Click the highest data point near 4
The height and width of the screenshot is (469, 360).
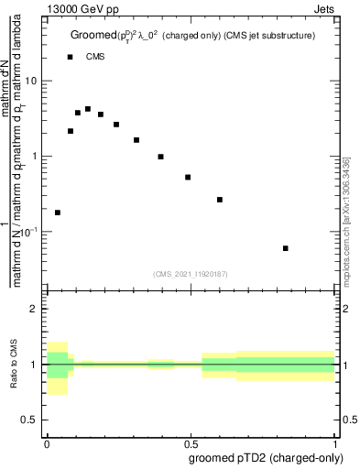tap(88, 109)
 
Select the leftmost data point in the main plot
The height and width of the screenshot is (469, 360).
tap(58, 213)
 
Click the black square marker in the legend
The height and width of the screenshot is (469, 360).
tap(70, 57)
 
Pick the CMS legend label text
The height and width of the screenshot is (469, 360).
tap(95, 57)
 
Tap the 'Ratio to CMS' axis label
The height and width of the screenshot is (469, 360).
tap(14, 365)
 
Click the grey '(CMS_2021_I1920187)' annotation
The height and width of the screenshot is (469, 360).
tap(191, 274)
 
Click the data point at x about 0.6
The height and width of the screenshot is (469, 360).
tap(220, 200)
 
